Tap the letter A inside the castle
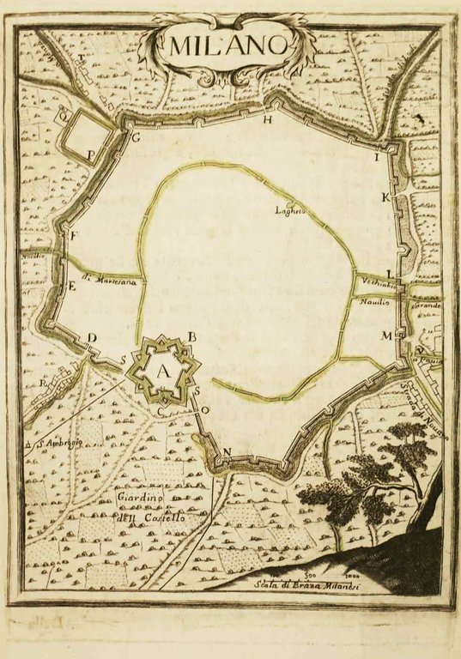(x=163, y=370)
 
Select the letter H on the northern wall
(x=268, y=119)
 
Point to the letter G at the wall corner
(x=135, y=136)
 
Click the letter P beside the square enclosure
(x=91, y=154)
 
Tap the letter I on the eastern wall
(x=375, y=158)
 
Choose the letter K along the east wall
(x=385, y=198)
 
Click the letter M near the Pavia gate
(x=386, y=335)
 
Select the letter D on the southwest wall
(x=92, y=337)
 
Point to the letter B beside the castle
(x=193, y=336)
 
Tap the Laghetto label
(x=289, y=209)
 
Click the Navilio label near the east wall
(x=374, y=302)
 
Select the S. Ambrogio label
(x=57, y=442)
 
